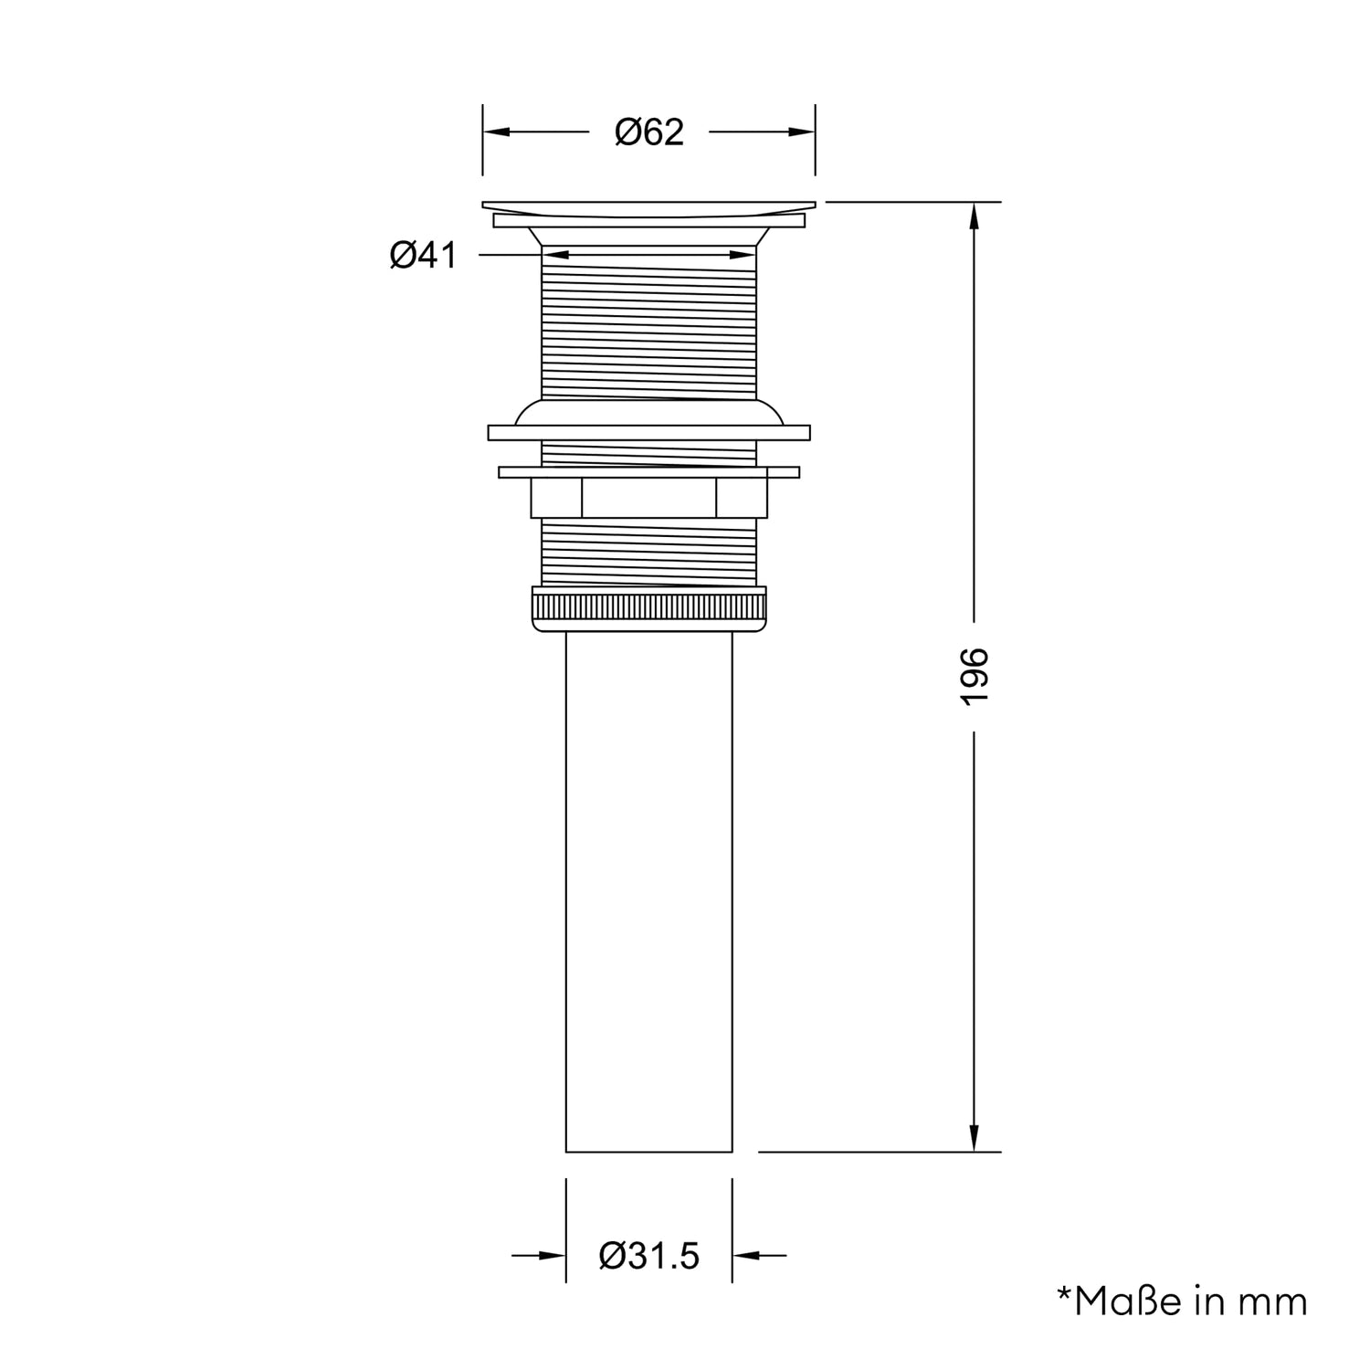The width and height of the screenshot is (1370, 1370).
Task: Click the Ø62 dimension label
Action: tap(649, 132)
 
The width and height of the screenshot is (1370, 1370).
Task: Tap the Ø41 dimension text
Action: tap(423, 255)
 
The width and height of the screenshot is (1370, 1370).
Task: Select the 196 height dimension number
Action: tap(975, 676)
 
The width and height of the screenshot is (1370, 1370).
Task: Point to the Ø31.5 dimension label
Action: tap(649, 1256)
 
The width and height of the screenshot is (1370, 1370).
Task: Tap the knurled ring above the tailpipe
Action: tap(648, 609)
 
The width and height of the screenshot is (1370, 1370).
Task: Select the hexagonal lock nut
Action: tap(648, 499)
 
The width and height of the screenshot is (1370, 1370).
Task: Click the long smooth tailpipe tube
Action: tap(648, 890)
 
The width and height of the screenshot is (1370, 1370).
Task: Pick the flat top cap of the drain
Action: tap(648, 206)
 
